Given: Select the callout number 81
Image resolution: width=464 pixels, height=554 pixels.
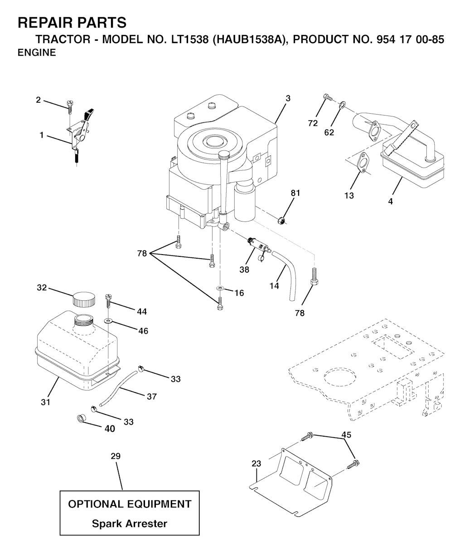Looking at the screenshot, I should tap(295, 193).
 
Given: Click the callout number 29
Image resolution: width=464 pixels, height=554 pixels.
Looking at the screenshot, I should tap(116, 456).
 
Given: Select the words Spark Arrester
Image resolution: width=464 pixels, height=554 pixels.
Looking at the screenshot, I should tap(130, 524).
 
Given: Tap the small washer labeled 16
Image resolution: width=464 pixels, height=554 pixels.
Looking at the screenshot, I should tap(219, 288).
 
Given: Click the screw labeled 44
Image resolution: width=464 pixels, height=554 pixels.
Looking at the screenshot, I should tap(108, 299).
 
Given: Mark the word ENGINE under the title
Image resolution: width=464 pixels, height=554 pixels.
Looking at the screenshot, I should tap(37, 53).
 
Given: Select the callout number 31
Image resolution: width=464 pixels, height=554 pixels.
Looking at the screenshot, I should tap(45, 402).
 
